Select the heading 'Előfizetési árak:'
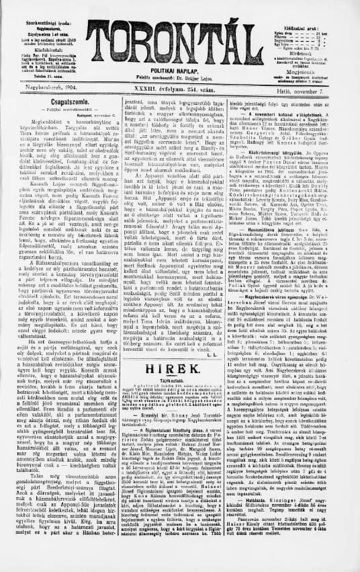[x=318, y=8]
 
